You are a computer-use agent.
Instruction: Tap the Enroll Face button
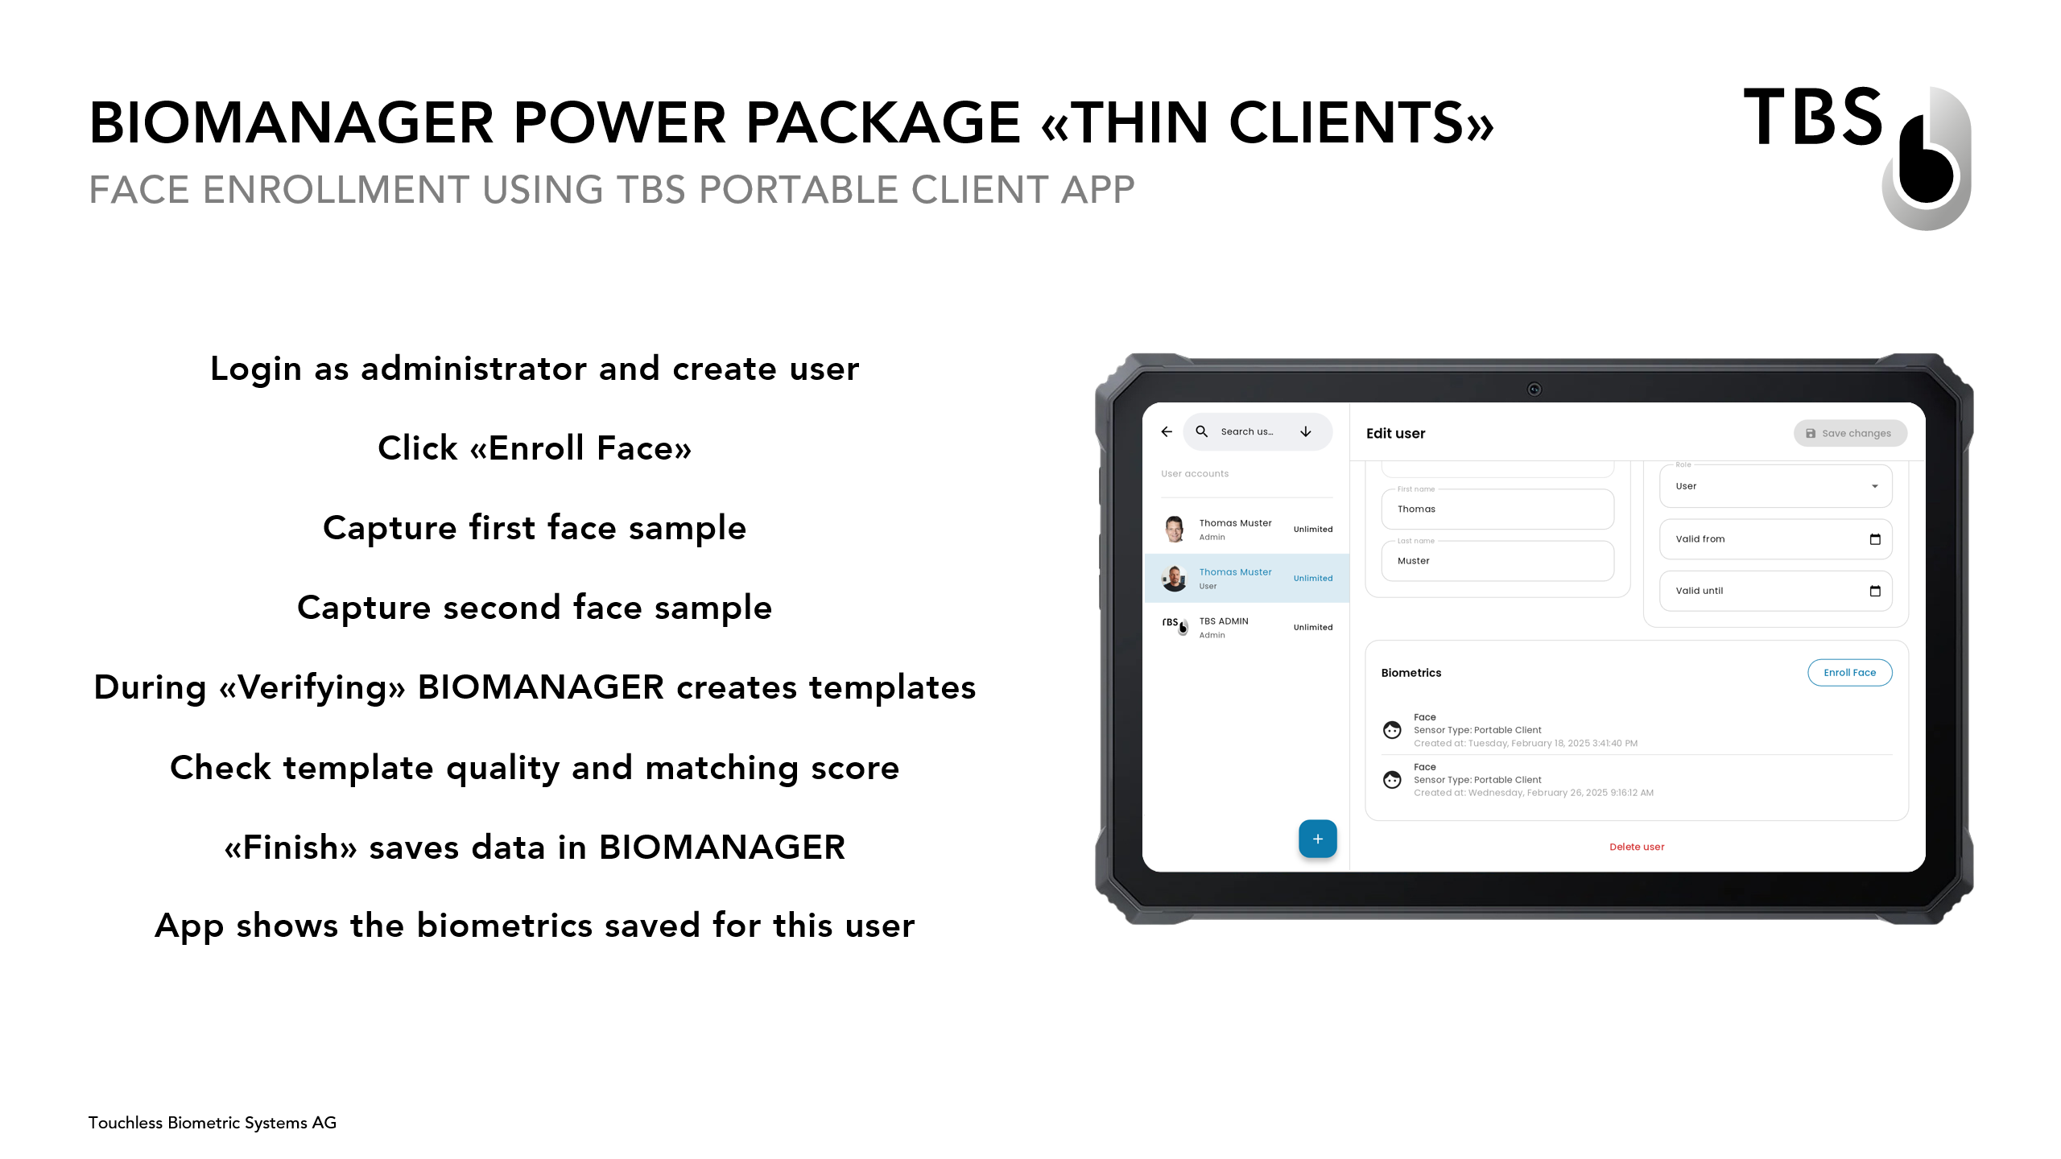point(1849,672)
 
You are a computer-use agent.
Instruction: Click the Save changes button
point(1849,433)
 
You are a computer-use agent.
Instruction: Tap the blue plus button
point(1317,839)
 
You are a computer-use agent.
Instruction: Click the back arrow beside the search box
point(1167,431)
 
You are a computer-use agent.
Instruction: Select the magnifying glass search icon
point(1201,431)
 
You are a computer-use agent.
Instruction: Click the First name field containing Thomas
point(1497,509)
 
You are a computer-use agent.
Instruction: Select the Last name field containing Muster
point(1497,560)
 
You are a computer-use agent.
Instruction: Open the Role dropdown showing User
point(1775,486)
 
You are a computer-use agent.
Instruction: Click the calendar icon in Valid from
point(1875,539)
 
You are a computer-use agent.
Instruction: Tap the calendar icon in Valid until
point(1875,591)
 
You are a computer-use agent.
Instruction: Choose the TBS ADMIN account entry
point(1246,627)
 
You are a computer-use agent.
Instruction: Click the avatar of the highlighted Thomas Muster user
point(1175,578)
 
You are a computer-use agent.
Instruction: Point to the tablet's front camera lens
point(1534,390)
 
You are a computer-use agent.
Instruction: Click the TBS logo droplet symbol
point(1927,159)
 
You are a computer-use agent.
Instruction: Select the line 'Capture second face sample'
point(535,608)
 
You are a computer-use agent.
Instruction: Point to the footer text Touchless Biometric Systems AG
point(213,1123)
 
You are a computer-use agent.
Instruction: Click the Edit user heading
point(1395,433)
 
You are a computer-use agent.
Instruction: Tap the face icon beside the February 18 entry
point(1392,730)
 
